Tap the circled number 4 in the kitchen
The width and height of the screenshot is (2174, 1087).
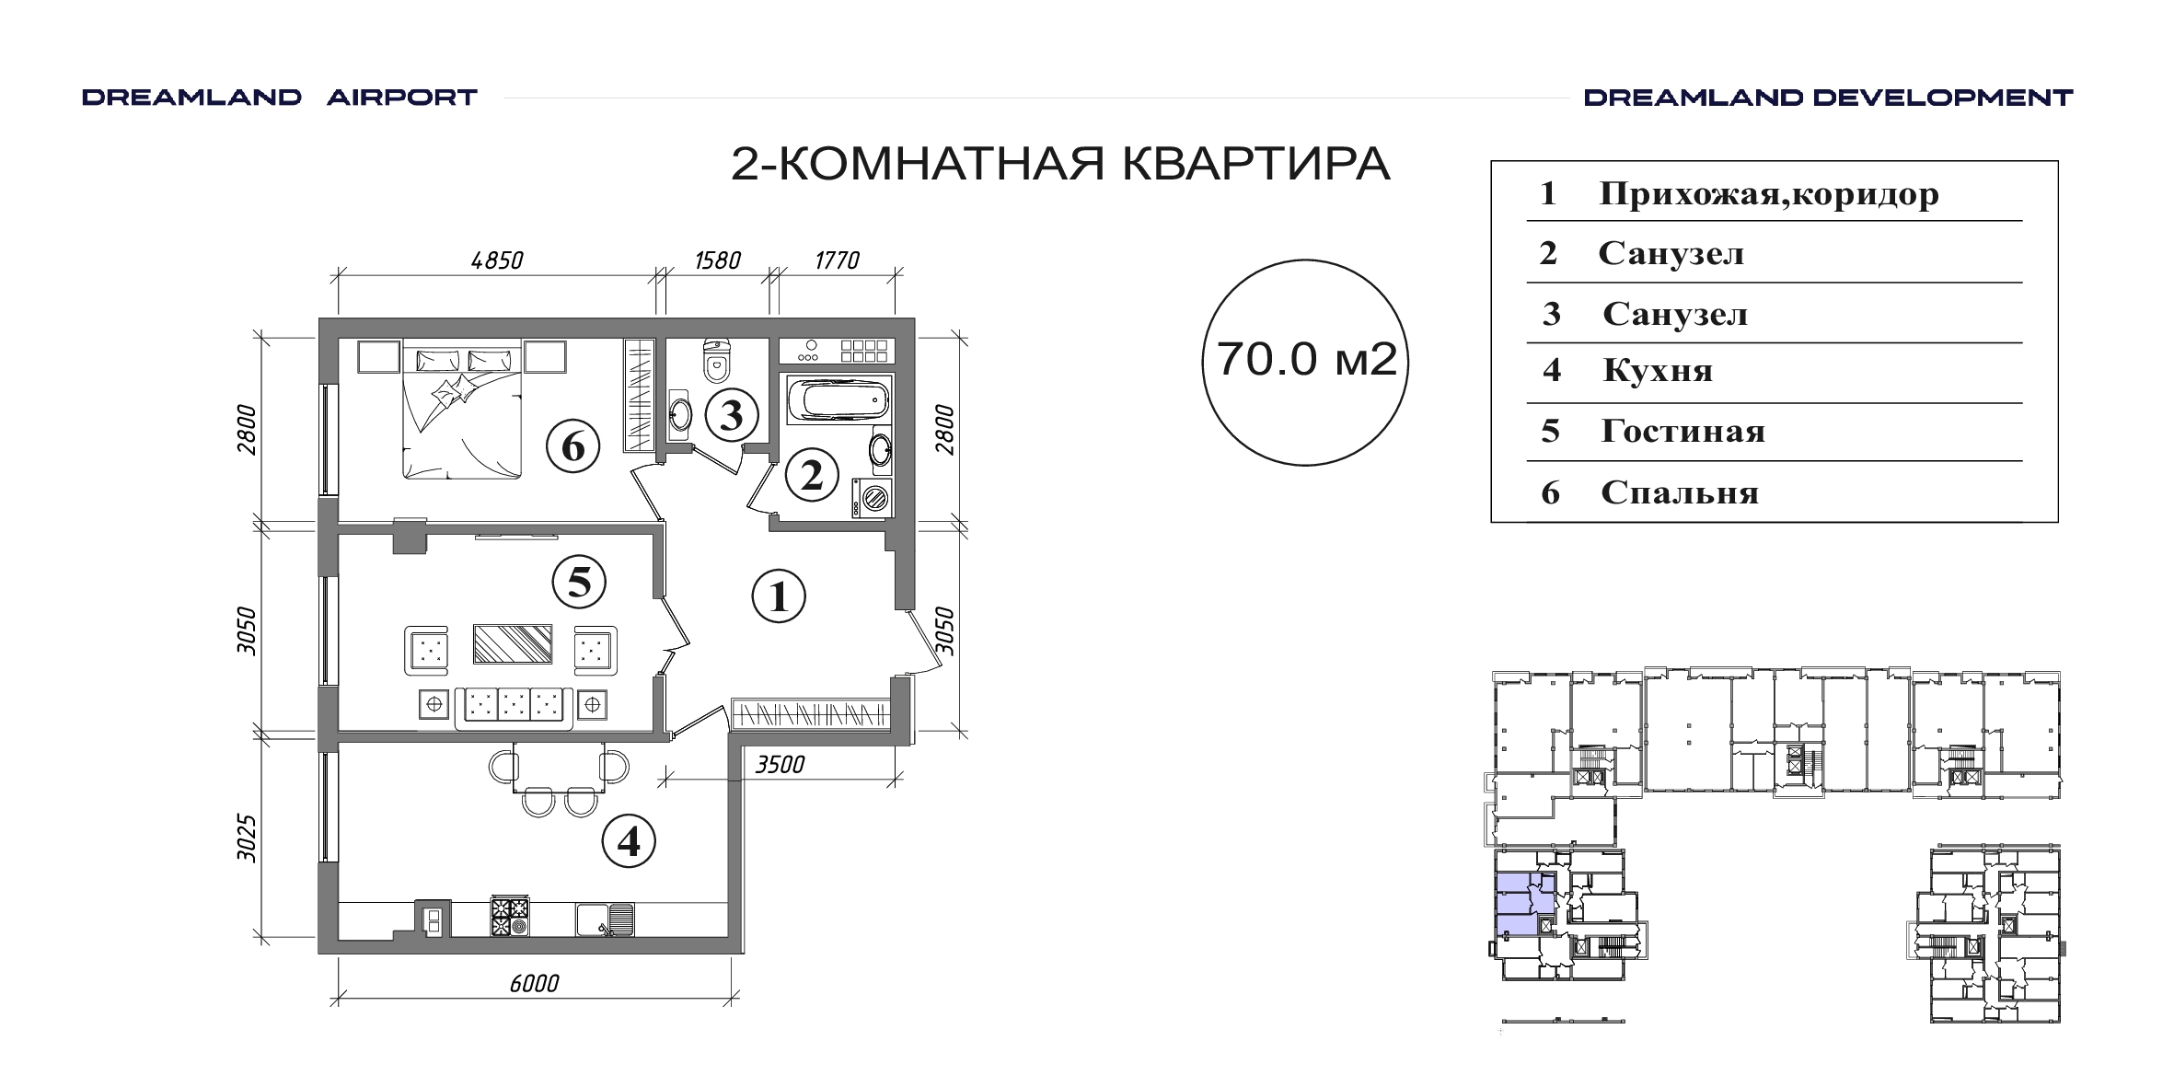[629, 841]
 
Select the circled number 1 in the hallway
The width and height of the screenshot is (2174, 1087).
[779, 596]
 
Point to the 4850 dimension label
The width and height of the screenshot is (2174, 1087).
[497, 260]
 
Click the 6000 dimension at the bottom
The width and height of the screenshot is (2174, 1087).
[534, 984]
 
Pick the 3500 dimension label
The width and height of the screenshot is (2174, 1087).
[781, 765]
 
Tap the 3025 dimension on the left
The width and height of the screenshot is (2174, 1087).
[246, 838]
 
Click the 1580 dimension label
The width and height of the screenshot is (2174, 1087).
[717, 260]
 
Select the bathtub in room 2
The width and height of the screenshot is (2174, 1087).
[838, 401]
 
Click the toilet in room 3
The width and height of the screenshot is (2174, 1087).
[715, 360]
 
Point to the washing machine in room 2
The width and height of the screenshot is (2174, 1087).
[872, 498]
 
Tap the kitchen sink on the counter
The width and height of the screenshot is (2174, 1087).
[605, 919]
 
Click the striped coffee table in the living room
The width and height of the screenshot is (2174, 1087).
[513, 644]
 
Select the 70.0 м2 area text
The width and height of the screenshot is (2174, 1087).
[1306, 360]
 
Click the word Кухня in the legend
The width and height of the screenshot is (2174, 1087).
[1658, 371]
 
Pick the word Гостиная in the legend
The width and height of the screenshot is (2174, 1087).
[1683, 432]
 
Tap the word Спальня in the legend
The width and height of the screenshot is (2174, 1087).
[1680, 493]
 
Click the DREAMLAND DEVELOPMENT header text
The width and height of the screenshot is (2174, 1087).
[1828, 98]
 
